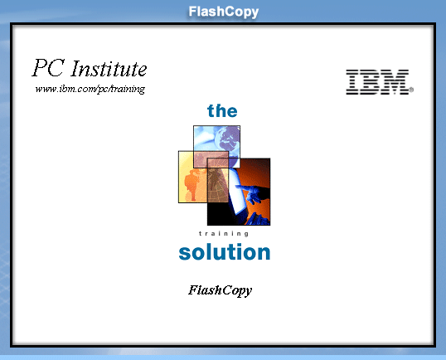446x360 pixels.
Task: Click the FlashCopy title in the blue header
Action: coord(224,12)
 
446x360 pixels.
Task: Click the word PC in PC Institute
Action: coord(48,68)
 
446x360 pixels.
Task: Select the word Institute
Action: coord(109,69)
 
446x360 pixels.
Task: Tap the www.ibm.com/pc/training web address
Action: coord(90,89)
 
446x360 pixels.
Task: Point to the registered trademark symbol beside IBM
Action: coord(411,90)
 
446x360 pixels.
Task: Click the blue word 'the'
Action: coord(222,110)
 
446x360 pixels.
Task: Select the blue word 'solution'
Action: coord(225,252)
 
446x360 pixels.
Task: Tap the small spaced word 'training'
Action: coord(224,234)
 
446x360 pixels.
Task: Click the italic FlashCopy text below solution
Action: coord(220,290)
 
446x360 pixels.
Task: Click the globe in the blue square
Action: coord(227,140)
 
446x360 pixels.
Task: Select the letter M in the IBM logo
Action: coord(395,82)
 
